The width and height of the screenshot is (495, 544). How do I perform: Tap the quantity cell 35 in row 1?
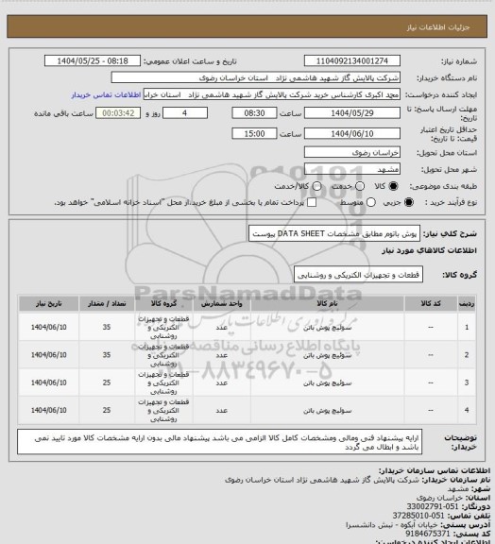coord(130,327)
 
